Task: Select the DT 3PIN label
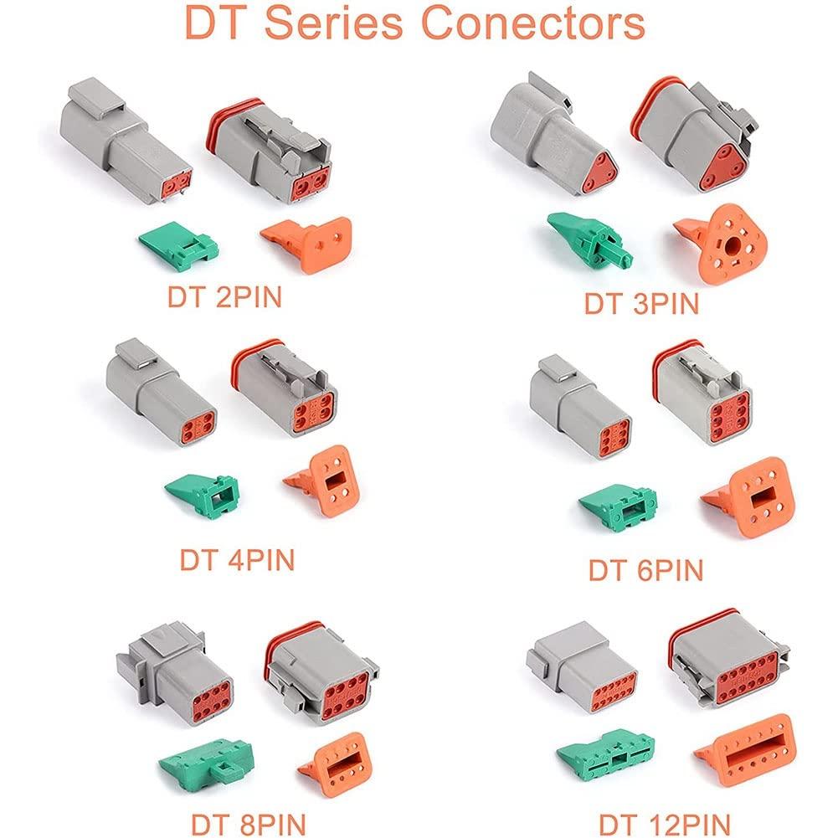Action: coord(640,303)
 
